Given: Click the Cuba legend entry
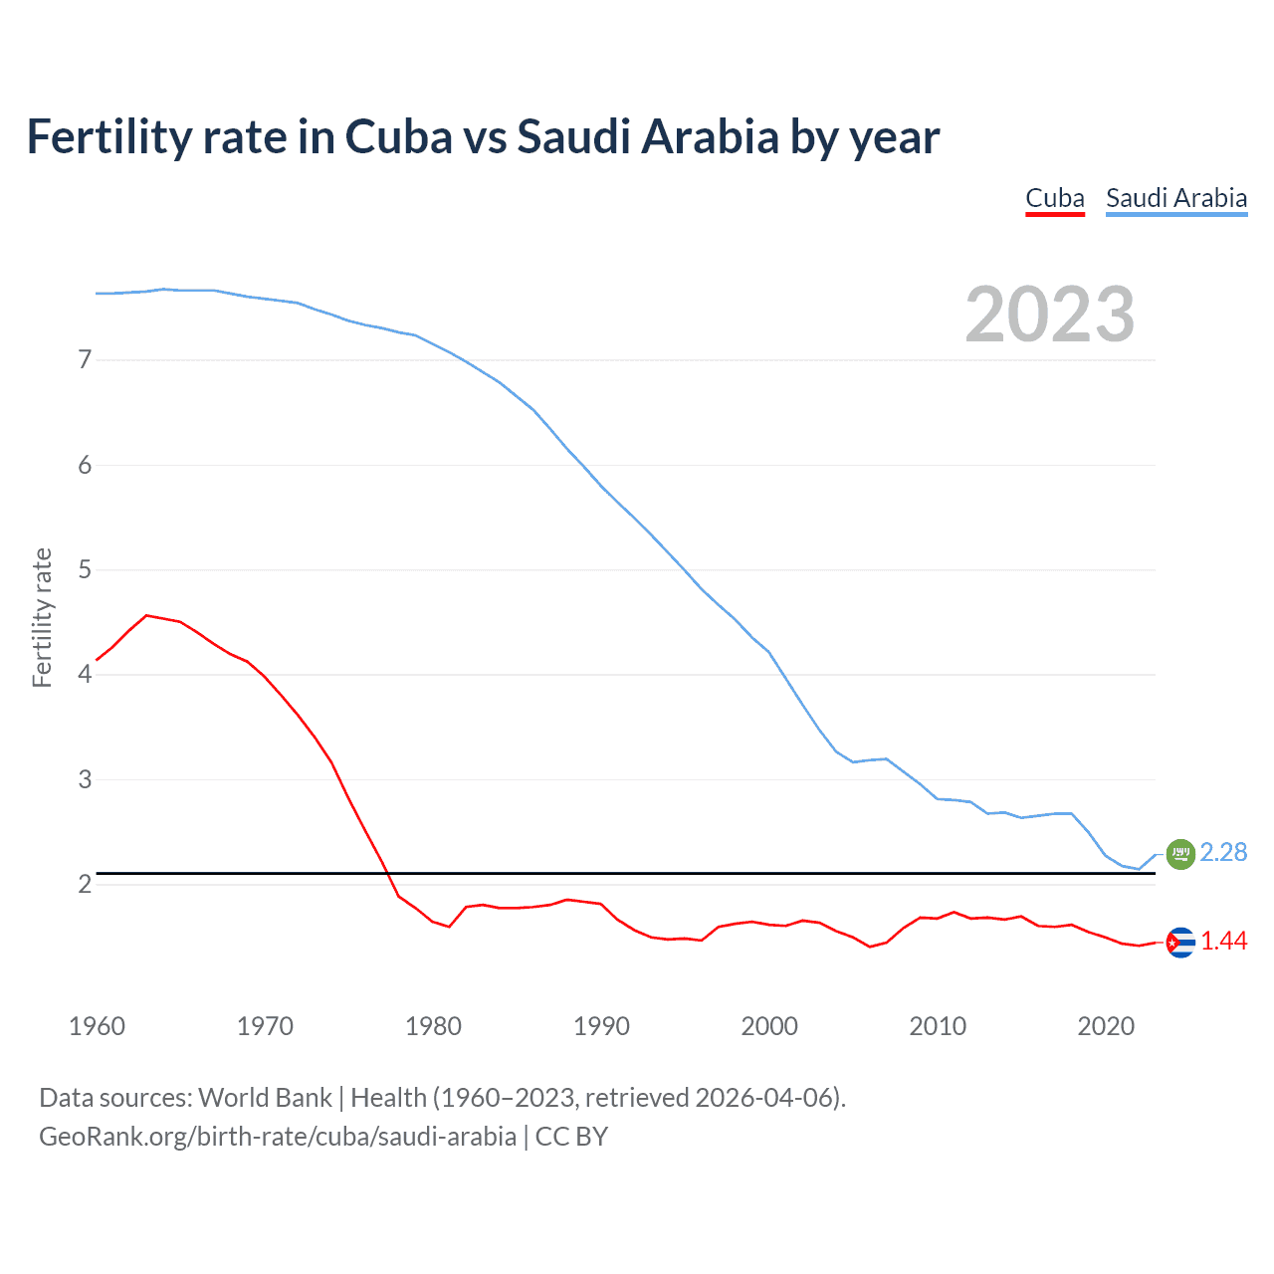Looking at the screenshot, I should coord(1054,198).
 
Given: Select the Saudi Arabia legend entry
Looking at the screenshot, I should coord(1175,198).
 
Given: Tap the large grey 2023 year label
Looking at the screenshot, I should coord(1049,315).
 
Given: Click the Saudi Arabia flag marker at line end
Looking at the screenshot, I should coord(1179,854).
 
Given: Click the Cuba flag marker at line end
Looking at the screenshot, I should coord(1179,942).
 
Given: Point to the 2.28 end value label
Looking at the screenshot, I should coord(1223,853).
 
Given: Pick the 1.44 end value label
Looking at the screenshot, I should coord(1223,942).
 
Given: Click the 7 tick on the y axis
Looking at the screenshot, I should coord(85,360).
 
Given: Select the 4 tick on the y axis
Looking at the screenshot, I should coord(85,675).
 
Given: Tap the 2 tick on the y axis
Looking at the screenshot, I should coord(85,884).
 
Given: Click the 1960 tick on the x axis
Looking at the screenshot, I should coord(97,1026).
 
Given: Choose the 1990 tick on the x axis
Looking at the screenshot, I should coord(601,1026).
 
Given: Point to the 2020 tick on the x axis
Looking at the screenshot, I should coord(1106,1026).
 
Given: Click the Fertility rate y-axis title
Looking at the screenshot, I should coord(42,617).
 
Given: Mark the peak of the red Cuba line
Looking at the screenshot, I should coord(147,615).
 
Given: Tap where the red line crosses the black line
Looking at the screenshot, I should coord(386,873).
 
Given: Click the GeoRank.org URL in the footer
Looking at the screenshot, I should coord(278,1137).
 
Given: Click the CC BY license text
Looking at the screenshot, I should coord(571,1137).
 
